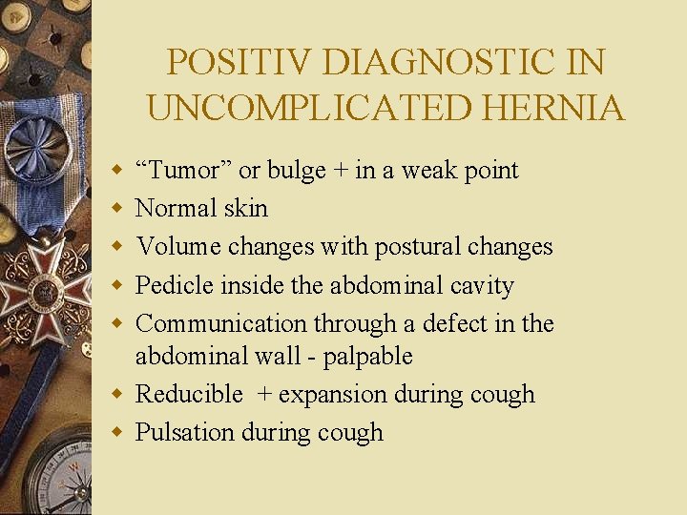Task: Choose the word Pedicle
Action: click(175, 285)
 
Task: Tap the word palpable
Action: click(367, 357)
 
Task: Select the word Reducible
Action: click(189, 394)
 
